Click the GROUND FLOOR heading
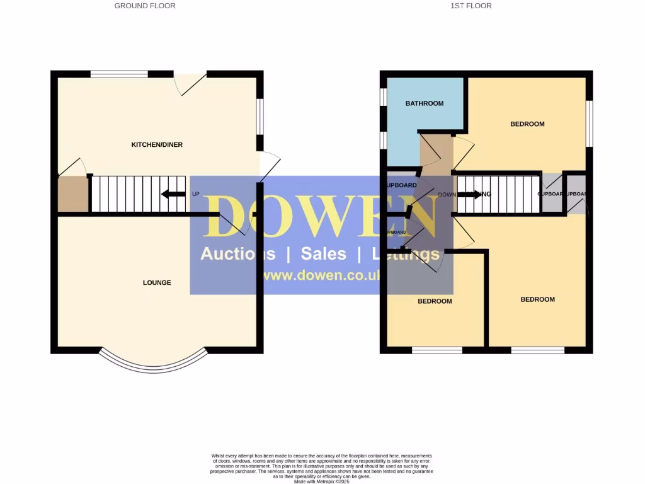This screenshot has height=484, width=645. pyautogui.click(x=145, y=6)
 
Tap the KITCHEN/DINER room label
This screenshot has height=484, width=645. pyautogui.click(x=157, y=145)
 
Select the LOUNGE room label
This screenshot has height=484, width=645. pyautogui.click(x=157, y=282)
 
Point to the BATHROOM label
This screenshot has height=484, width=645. pyautogui.click(x=425, y=103)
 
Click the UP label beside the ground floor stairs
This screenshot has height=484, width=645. pyautogui.click(x=196, y=194)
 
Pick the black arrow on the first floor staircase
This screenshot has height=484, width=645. pyautogui.click(x=469, y=194)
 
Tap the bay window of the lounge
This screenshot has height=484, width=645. pyautogui.click(x=152, y=362)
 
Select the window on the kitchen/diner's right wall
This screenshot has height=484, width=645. pyautogui.click(x=260, y=117)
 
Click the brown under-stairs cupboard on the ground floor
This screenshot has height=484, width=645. pyautogui.click(x=73, y=194)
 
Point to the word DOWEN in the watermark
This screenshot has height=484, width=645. pyautogui.click(x=321, y=216)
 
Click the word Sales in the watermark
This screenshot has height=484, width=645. pyautogui.click(x=324, y=254)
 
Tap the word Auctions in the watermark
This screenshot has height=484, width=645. pyautogui.click(x=237, y=254)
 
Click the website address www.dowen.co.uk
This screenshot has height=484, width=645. pyautogui.click(x=321, y=275)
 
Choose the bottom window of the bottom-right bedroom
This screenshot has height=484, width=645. pyautogui.click(x=538, y=350)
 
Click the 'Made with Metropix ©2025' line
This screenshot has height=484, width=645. pyautogui.click(x=321, y=481)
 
